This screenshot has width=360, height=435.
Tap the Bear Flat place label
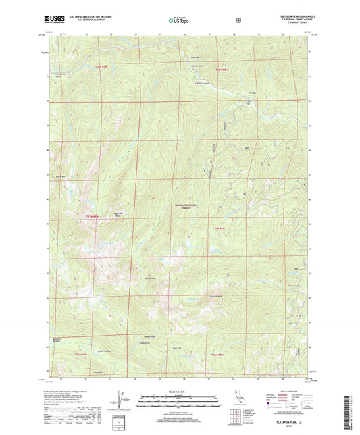pos(178,349)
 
